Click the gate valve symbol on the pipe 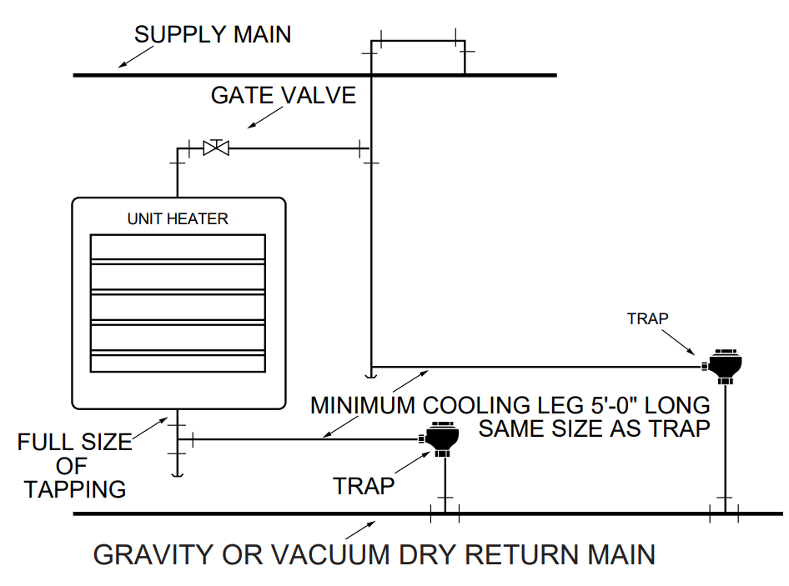(217, 148)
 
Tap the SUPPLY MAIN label (213, 35)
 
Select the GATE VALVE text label (283, 95)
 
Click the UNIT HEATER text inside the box (178, 219)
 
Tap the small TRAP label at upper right (647, 318)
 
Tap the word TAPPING (75, 489)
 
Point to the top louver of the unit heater (178, 248)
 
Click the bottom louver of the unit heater (178, 362)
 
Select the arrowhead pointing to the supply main (122, 63)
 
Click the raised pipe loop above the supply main (418, 41)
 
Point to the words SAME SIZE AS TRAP (594, 428)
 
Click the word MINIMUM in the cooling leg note (363, 406)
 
